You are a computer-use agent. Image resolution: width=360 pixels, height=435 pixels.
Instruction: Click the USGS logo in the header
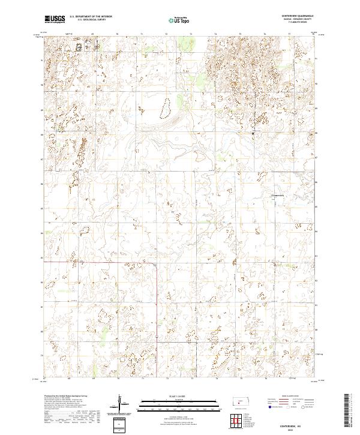[55, 20]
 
